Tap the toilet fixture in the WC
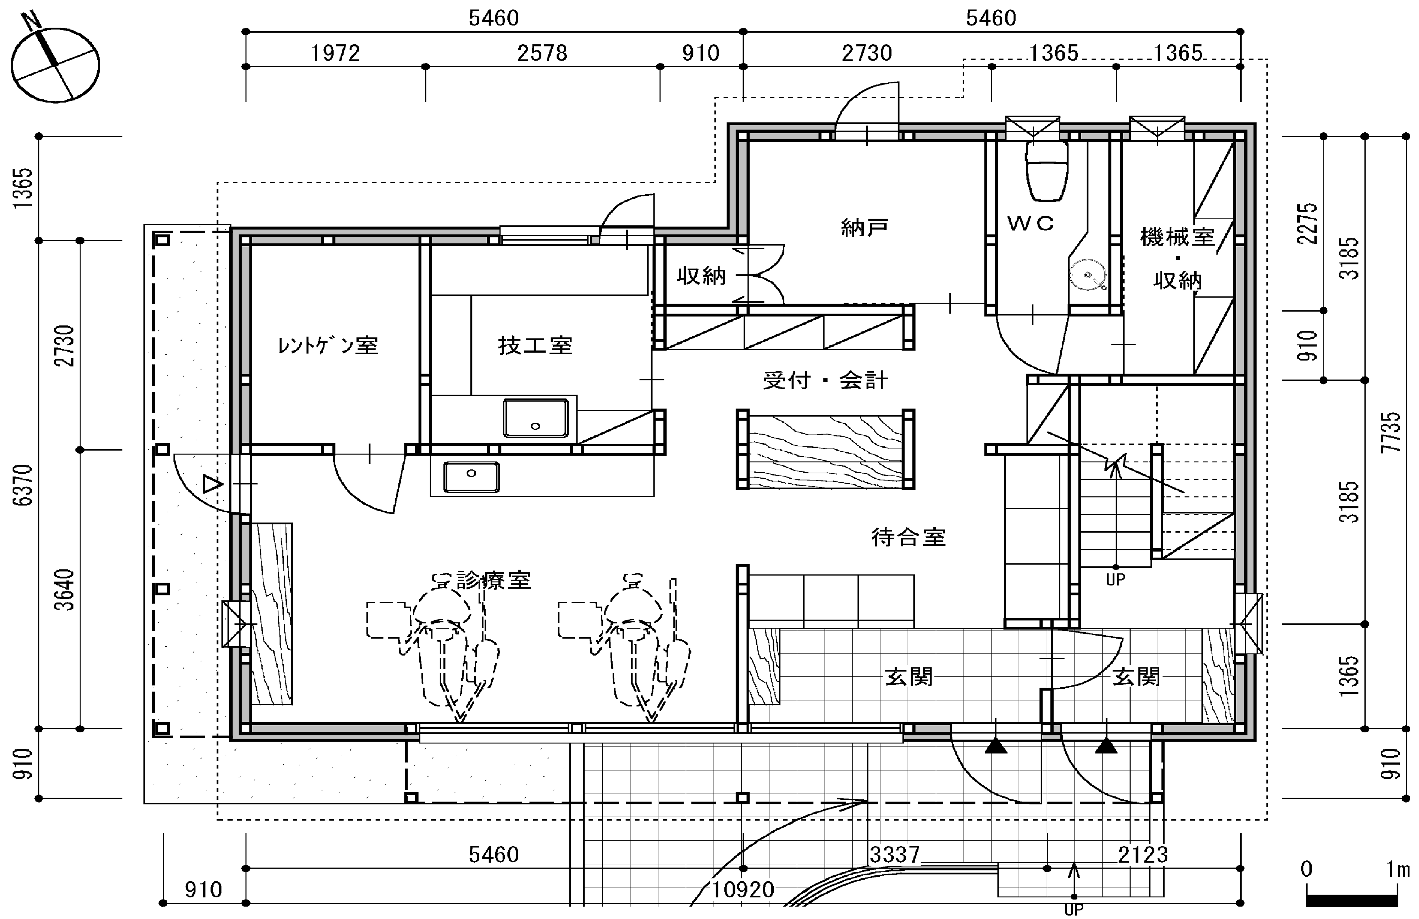[1047, 171]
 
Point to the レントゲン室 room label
[328, 345]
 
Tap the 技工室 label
[535, 345]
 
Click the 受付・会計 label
[825, 380]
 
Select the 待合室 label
[908, 537]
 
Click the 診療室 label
[494, 580]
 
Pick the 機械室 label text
[1177, 237]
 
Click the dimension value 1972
[336, 54]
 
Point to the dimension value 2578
[542, 54]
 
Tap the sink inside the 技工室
[535, 418]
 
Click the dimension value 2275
[1308, 223]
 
